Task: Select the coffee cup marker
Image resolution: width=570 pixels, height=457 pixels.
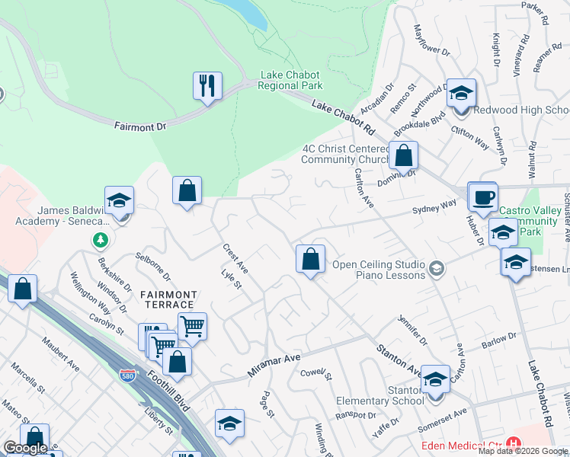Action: tap(482, 197)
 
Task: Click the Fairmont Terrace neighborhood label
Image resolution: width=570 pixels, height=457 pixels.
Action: tap(168, 299)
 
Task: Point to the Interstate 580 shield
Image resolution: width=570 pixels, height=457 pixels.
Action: tap(128, 376)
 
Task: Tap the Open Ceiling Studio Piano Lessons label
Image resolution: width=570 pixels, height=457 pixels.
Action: tap(378, 270)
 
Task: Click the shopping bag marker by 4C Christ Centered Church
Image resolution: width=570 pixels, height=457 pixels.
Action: tap(403, 155)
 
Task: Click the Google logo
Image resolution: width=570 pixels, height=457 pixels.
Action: tap(24, 448)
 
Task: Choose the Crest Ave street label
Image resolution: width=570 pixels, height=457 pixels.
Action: tap(235, 258)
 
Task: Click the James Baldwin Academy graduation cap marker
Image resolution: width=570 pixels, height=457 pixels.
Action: tap(119, 201)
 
